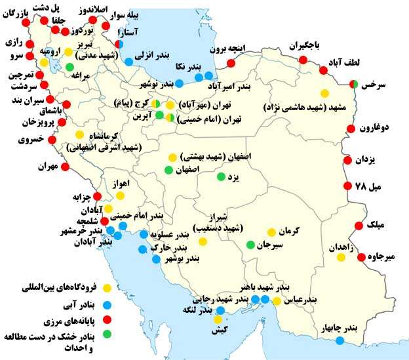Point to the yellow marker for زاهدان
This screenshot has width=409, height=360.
click(x=341, y=258)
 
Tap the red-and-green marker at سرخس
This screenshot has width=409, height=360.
click(x=353, y=84)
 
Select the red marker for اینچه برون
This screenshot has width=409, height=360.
click(x=230, y=64)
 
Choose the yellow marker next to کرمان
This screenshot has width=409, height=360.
click(x=271, y=232)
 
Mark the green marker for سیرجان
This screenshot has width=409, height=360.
click(x=250, y=245)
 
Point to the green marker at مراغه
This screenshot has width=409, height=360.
click(x=69, y=67)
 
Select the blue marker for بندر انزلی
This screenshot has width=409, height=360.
click(x=129, y=61)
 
